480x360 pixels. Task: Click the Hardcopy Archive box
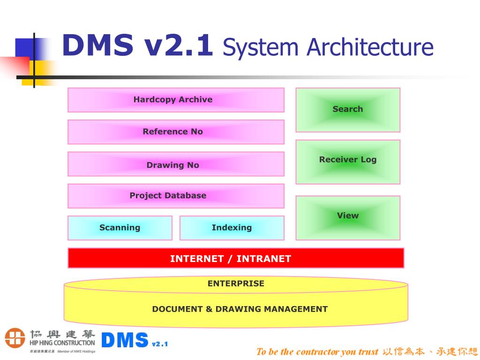click(176, 100)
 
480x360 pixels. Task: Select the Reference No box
click(176, 132)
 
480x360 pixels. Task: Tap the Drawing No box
click(176, 164)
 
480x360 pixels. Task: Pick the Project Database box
click(176, 195)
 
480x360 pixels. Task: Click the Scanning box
click(120, 228)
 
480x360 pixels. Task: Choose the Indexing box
click(232, 228)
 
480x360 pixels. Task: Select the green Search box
click(348, 110)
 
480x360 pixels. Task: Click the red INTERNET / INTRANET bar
click(236, 258)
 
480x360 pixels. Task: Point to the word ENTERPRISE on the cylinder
click(236, 284)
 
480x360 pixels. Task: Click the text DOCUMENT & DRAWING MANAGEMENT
click(240, 309)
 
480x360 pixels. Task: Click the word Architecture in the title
click(370, 48)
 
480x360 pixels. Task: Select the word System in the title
click(261, 48)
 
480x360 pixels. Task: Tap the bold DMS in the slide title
click(98, 46)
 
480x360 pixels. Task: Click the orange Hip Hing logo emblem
click(15, 338)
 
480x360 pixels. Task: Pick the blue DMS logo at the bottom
click(125, 340)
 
